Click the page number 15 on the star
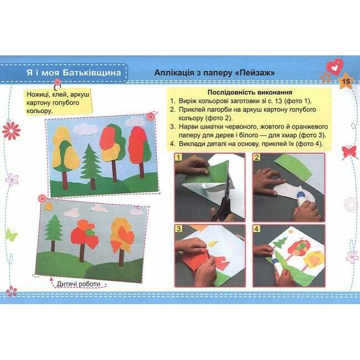[346, 81]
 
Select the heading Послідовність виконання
[250, 92]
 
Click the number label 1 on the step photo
[178, 157]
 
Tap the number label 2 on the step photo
[256, 157]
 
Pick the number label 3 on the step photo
[178, 229]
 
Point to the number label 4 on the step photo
[256, 229]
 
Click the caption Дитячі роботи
[79, 284]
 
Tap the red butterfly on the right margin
[349, 152]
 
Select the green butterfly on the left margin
[11, 235]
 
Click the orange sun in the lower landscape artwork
[48, 206]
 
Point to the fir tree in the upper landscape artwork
[92, 167]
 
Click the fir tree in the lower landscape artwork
[54, 233]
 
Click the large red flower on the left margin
[11, 131]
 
